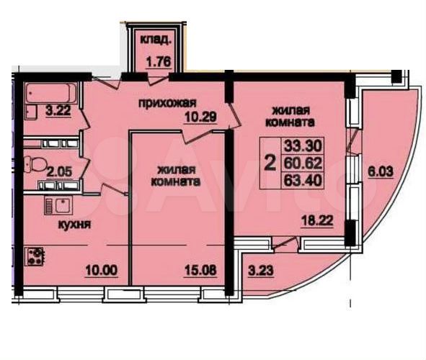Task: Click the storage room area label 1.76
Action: tap(158, 62)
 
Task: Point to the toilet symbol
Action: tap(35, 161)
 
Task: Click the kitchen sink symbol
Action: tap(55, 205)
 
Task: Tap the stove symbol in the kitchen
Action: tap(35, 255)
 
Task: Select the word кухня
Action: tap(74, 223)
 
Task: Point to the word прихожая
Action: tap(168, 103)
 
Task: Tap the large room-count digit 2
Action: tap(270, 163)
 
